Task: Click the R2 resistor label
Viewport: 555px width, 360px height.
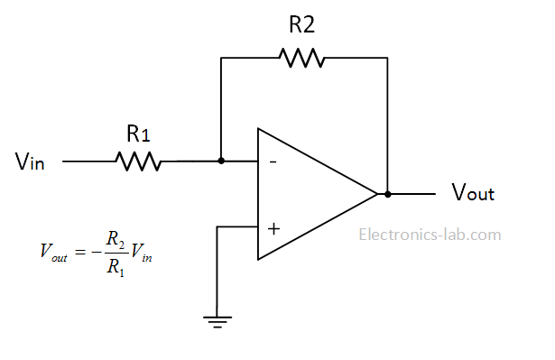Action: (301, 25)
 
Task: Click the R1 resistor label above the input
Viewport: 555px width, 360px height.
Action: (138, 134)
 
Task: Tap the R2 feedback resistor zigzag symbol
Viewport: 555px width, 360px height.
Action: (301, 59)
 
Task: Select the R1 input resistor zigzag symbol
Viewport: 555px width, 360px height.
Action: (137, 162)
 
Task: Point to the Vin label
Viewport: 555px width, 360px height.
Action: (31, 162)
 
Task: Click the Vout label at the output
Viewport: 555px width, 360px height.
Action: (472, 193)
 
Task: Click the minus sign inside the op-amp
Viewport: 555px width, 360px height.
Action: (272, 162)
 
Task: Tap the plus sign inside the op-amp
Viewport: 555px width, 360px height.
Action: (273, 227)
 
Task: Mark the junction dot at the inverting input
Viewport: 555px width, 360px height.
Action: (222, 162)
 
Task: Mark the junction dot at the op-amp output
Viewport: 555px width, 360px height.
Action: (387, 194)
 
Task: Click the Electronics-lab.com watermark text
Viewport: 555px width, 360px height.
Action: (430, 235)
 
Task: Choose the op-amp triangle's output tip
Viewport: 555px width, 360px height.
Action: (376, 194)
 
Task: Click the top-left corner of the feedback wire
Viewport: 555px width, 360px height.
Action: (222, 59)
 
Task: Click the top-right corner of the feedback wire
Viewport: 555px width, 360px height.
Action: (387, 59)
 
